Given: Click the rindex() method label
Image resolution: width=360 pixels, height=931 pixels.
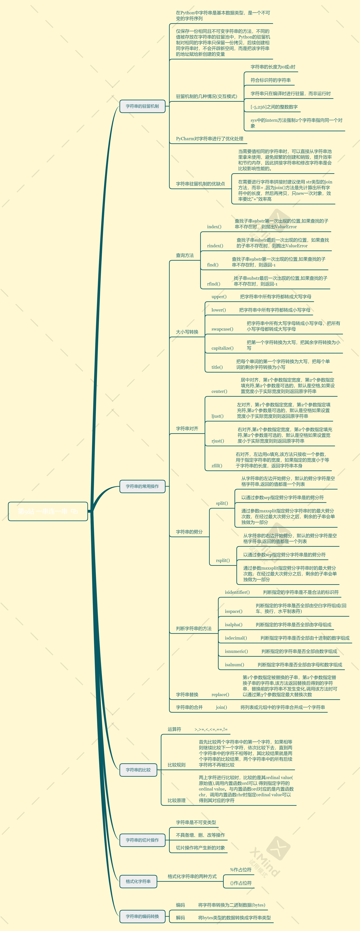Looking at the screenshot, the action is pyautogui.click(x=215, y=246).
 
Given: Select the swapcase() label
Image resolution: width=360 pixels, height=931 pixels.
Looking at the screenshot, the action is pyautogui.click(x=222, y=329).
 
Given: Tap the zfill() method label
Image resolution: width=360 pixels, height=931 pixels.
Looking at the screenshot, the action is pyautogui.click(x=217, y=466).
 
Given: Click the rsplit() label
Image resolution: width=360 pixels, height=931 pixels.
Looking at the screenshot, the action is pyautogui.click(x=223, y=561).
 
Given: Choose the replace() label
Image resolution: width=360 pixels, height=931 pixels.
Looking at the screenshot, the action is pyautogui.click(x=220, y=695).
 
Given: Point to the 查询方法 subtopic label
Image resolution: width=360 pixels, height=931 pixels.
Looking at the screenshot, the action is pyautogui.click(x=185, y=256).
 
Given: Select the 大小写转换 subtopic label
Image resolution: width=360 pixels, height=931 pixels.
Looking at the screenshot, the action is pyautogui.click(x=187, y=332).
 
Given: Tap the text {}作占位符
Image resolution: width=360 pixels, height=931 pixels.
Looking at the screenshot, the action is pyautogui.click(x=241, y=883).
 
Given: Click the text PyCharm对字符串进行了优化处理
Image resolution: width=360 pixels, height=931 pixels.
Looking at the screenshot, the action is pyautogui.click(x=209, y=139).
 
